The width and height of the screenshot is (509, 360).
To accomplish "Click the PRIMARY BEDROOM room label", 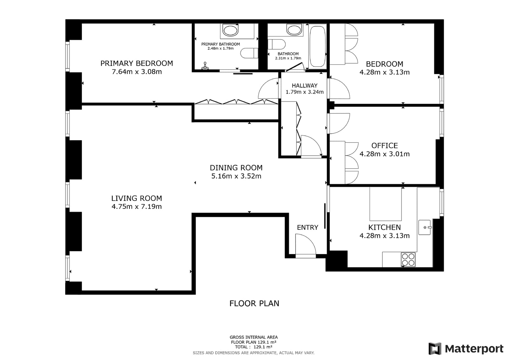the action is tap(136, 63).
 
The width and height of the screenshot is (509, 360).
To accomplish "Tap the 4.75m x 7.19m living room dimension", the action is tap(136, 207).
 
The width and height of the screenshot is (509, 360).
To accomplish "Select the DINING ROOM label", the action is tap(236, 168).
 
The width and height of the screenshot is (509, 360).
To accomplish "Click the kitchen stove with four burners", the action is tap(408, 259).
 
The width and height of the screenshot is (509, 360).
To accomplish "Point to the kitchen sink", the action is tap(425, 227).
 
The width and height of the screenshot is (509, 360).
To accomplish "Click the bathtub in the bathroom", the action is tap(317, 46).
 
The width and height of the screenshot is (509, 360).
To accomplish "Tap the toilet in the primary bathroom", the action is tap(249, 53).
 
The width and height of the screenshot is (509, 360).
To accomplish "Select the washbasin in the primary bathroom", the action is tap(230, 30).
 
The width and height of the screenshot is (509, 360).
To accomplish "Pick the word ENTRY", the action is tap(307, 227).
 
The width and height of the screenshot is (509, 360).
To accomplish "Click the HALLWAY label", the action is tap(304, 86).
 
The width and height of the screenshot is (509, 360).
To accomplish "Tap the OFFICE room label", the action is tap(385, 145).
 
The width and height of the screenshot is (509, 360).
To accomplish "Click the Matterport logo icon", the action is tap(435, 349).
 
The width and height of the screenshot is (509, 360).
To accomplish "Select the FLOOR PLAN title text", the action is tap(254, 303).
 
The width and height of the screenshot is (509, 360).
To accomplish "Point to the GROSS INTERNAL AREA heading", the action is tap(254, 337).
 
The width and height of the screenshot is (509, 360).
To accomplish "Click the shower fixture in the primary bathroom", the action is tap(205, 66).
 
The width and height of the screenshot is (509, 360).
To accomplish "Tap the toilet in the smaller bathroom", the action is tap(276, 44).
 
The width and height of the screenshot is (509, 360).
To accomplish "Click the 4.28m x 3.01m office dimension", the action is tap(385, 154).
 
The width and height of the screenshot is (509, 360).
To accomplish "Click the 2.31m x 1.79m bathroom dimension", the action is tap(288, 58).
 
